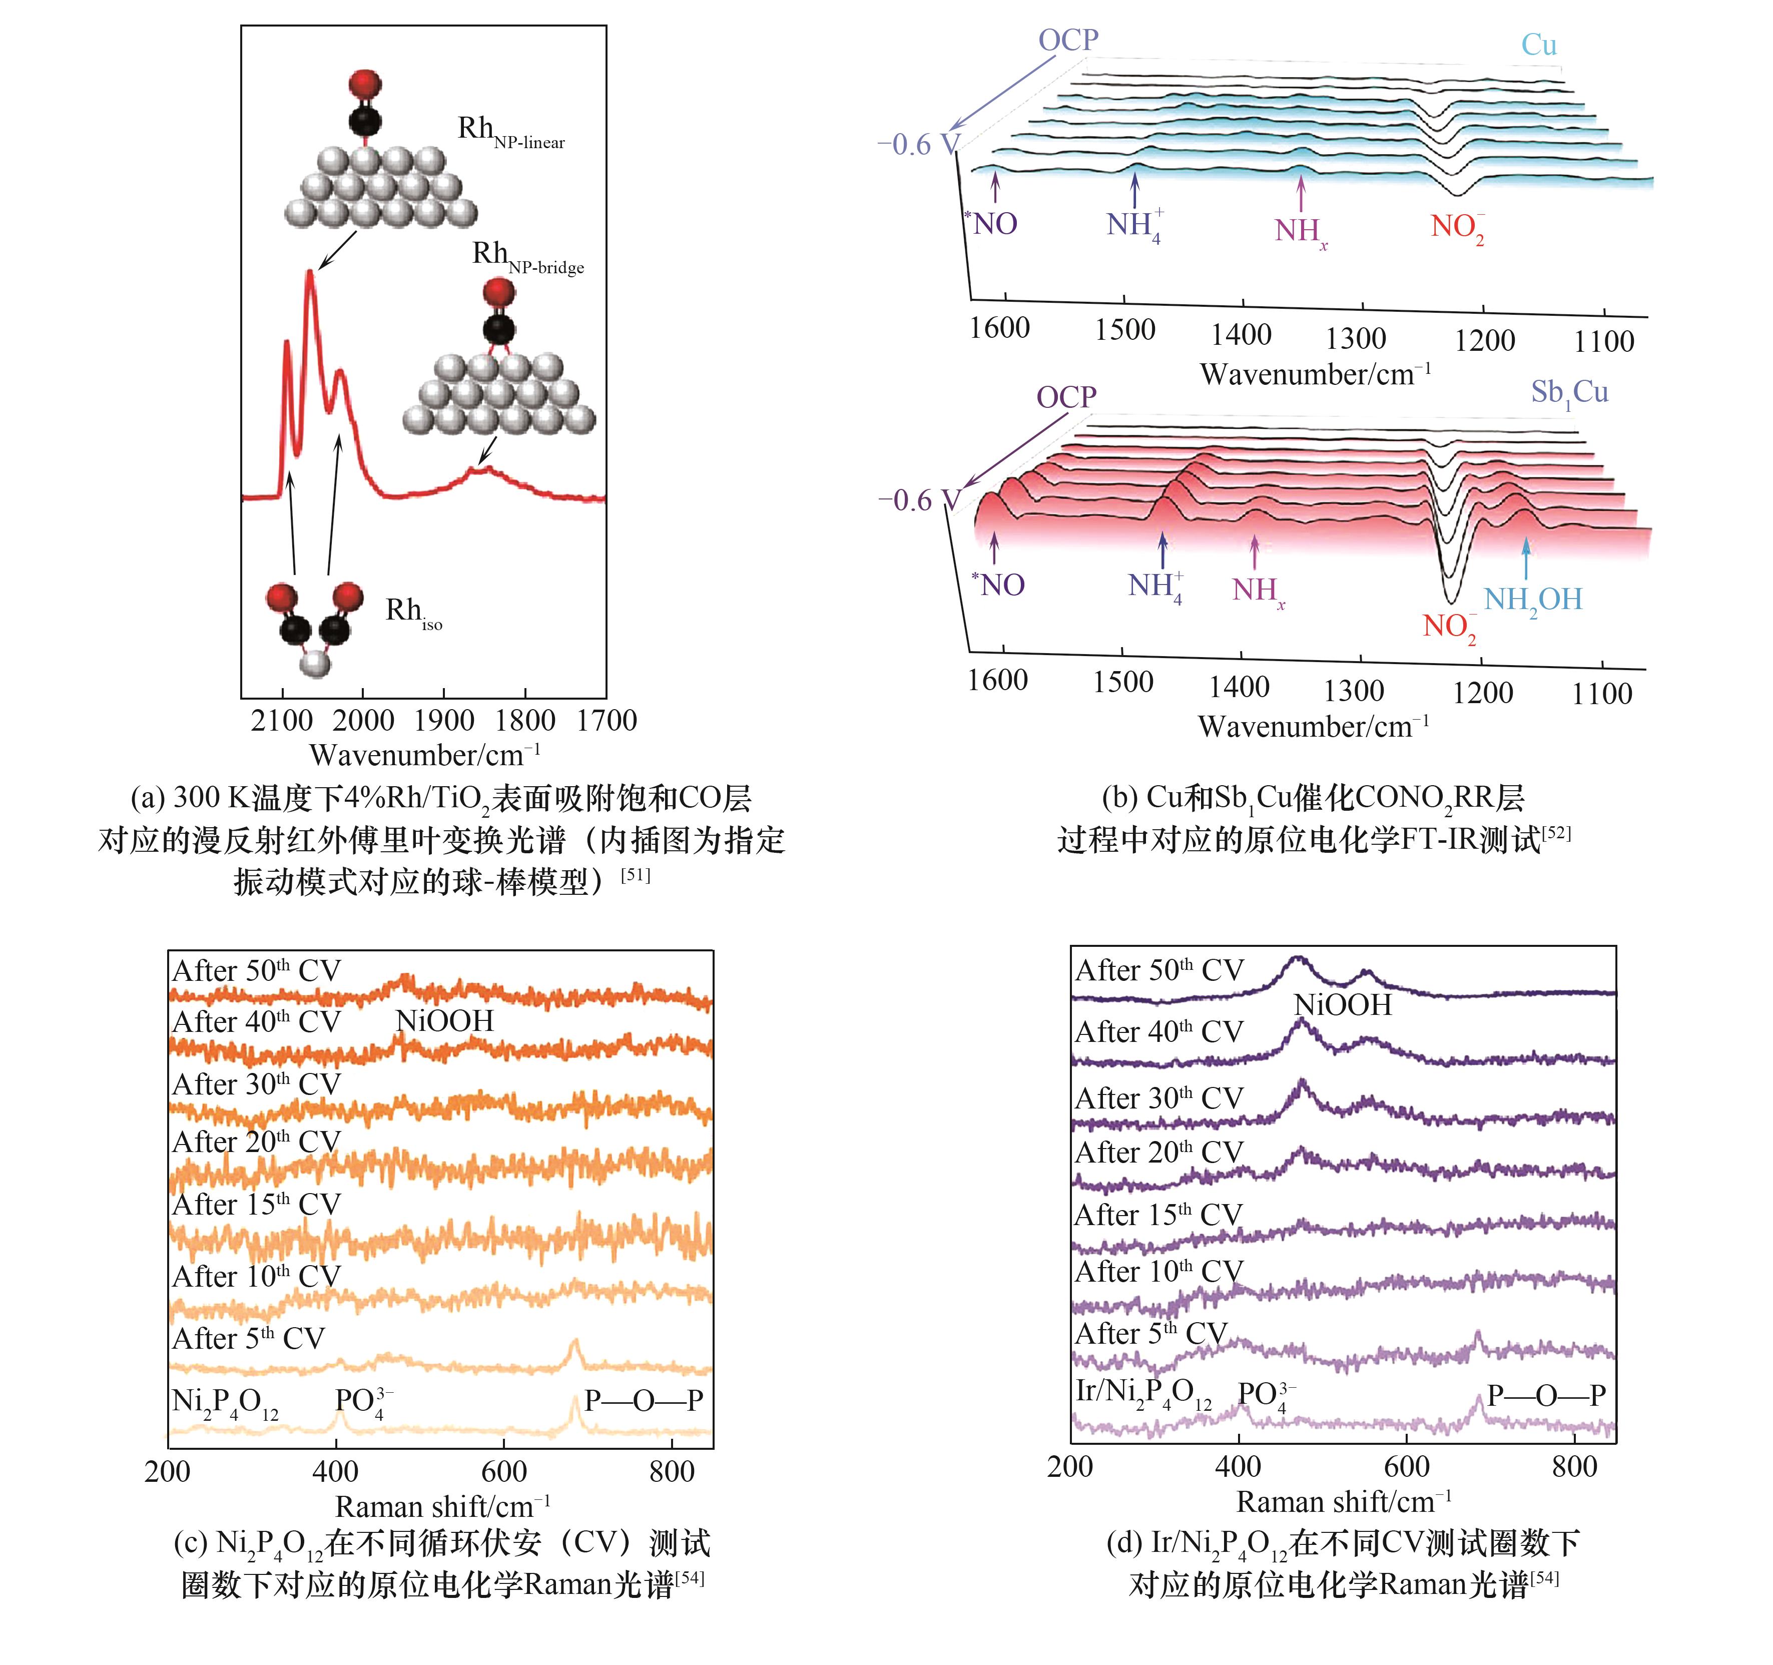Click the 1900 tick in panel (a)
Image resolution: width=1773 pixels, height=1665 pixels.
click(x=444, y=721)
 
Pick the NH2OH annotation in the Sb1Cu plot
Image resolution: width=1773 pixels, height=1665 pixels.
click(x=1532, y=600)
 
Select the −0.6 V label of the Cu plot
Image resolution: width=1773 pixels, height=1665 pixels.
click(x=918, y=145)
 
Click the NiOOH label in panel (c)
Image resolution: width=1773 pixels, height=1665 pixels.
click(x=444, y=1021)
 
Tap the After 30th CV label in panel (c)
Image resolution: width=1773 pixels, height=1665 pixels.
click(x=257, y=1084)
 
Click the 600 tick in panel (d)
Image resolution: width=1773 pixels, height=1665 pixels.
click(x=1407, y=1466)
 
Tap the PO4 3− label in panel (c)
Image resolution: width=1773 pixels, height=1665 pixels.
click(x=363, y=1402)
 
